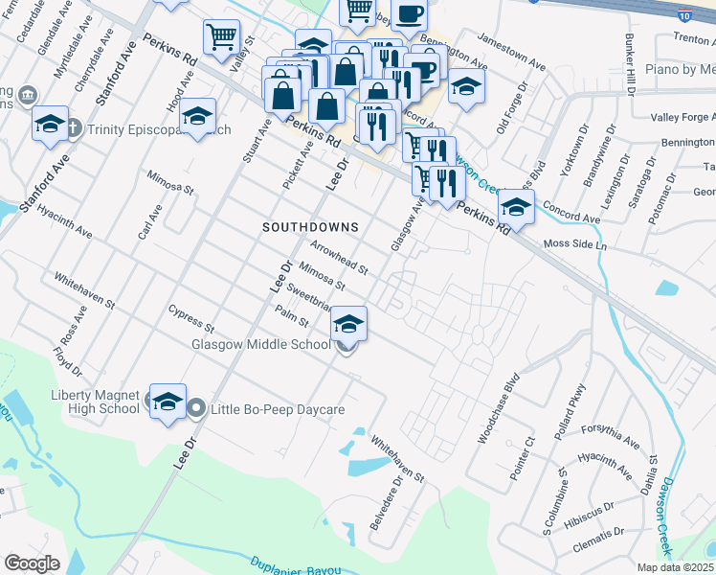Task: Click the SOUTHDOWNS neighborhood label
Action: pos(311,227)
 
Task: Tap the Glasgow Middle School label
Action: pos(260,344)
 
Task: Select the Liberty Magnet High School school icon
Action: pos(168,402)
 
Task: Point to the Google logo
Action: pos(32,563)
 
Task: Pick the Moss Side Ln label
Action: pos(575,245)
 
